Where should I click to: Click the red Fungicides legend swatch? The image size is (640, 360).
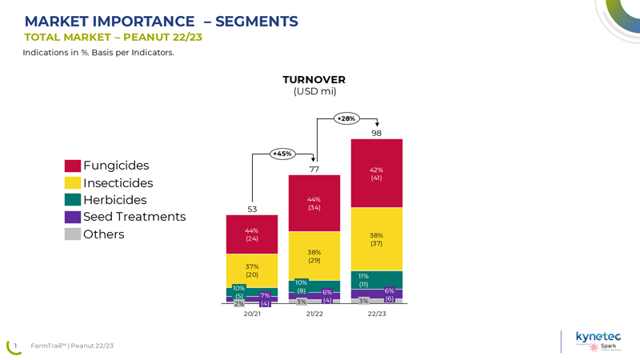(x=72, y=166)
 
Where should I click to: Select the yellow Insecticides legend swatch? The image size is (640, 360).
(x=72, y=183)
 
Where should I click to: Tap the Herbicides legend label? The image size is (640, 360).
(x=115, y=200)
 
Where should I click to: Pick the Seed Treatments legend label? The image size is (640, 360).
(x=134, y=217)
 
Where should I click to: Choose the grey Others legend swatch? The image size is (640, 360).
(x=72, y=234)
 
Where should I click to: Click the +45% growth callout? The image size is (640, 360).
(x=282, y=154)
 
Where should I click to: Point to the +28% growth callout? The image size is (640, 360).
(x=346, y=118)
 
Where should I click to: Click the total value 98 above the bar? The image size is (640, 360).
(x=376, y=133)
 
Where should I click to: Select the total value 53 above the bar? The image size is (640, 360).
(x=251, y=210)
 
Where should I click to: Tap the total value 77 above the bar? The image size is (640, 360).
(x=314, y=169)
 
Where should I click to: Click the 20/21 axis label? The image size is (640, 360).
(x=251, y=314)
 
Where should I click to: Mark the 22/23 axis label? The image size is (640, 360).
(x=376, y=314)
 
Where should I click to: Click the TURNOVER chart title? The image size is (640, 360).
(x=314, y=80)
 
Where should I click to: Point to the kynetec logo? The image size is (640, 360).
(x=598, y=337)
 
